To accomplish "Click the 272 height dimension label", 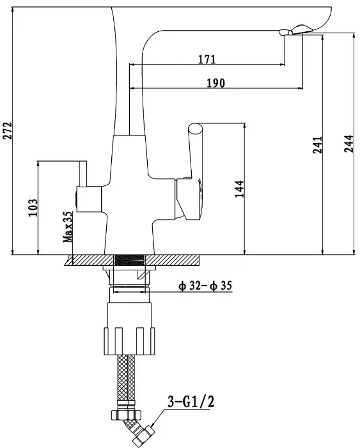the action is (x=8, y=130).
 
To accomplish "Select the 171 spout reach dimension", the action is (x=207, y=59).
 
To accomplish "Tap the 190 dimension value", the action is (x=215, y=83).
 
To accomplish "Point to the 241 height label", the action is (x=317, y=145).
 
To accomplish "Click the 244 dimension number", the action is (x=348, y=144).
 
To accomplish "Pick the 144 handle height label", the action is (x=239, y=189).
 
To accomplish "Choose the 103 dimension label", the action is (x=33, y=208).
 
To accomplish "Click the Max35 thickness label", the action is (x=68, y=227).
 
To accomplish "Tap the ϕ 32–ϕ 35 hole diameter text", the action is (x=205, y=286).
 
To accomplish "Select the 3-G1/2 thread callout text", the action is (x=191, y=402).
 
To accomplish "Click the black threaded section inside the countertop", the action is (x=129, y=260).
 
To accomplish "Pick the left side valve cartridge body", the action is (x=89, y=199).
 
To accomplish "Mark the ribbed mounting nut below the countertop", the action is (x=129, y=341).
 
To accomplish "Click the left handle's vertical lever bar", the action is (x=83, y=174).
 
